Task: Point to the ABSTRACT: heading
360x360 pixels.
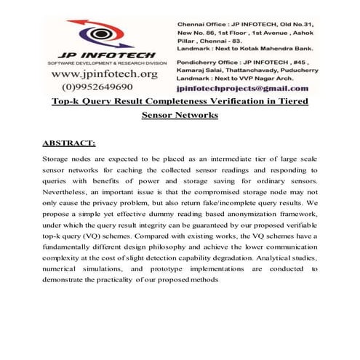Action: [x=73, y=143]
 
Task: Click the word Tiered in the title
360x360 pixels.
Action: [x=290, y=100]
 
